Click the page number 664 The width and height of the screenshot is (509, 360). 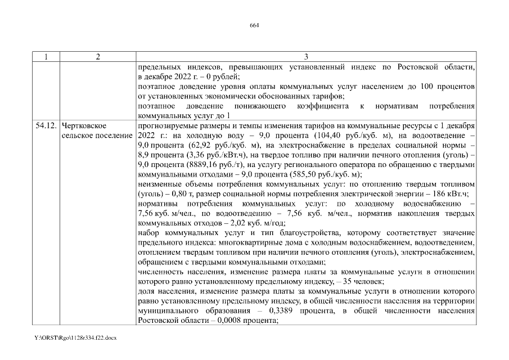pos(254,25)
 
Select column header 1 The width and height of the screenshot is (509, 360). pos(46,57)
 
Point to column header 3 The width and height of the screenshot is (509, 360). pos(306,57)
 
